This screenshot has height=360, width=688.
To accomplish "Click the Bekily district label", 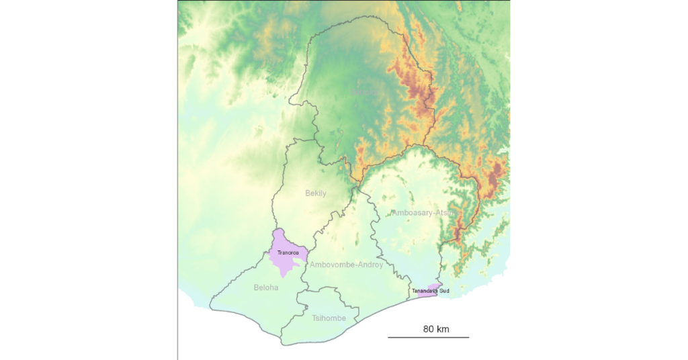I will tap(316, 193).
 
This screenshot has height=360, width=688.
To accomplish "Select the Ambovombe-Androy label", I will tap(346, 265).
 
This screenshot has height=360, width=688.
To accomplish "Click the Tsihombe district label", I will tap(329, 318).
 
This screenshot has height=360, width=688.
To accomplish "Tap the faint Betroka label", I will tap(363, 91).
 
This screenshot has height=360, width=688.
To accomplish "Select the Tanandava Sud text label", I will tap(431, 291).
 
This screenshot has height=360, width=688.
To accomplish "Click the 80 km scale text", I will tap(436, 329).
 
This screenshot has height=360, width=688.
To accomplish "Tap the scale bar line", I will tap(428, 337).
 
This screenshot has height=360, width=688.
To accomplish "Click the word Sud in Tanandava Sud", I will tap(444, 291).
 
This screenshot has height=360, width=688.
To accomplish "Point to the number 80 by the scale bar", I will tap(429, 329).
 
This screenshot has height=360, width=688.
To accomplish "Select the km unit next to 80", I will tap(443, 329).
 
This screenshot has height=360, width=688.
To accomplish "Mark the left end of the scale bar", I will tap(388, 337).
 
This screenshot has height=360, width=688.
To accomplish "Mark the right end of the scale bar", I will tap(468, 337).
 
